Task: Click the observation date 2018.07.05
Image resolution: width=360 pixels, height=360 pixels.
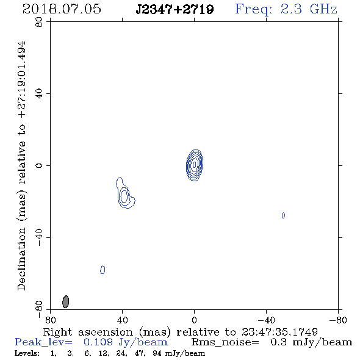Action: coord(62,9)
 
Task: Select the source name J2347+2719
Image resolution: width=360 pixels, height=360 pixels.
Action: coord(175,10)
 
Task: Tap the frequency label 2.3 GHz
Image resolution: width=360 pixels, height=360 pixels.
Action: coord(309,9)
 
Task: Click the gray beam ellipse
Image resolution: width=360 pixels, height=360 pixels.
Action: coord(66,301)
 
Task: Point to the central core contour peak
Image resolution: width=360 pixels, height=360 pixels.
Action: coord(195,164)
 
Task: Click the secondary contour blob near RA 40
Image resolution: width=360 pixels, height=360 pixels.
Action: coord(125,194)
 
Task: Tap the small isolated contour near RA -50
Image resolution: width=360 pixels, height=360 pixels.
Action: coord(283,215)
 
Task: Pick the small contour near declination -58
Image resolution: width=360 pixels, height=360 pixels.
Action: coord(103,270)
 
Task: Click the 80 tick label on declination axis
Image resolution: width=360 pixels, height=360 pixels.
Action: coord(39,22)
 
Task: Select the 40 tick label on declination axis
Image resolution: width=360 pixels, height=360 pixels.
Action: coord(39,94)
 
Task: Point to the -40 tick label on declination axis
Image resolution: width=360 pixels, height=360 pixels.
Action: coord(39,237)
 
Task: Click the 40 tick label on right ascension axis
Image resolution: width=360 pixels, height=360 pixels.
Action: coord(122,320)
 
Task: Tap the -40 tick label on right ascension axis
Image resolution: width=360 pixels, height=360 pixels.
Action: coord(266,320)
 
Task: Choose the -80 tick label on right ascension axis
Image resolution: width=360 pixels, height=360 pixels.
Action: coord(338,320)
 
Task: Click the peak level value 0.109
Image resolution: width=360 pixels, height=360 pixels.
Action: coord(98,342)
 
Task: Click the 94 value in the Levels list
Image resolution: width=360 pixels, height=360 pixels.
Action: coord(157,353)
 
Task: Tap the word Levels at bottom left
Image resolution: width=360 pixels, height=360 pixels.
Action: coord(27,353)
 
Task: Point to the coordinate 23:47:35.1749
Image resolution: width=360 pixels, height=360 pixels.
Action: coord(279,332)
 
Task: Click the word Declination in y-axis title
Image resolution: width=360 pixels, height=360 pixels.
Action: coord(21,259)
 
